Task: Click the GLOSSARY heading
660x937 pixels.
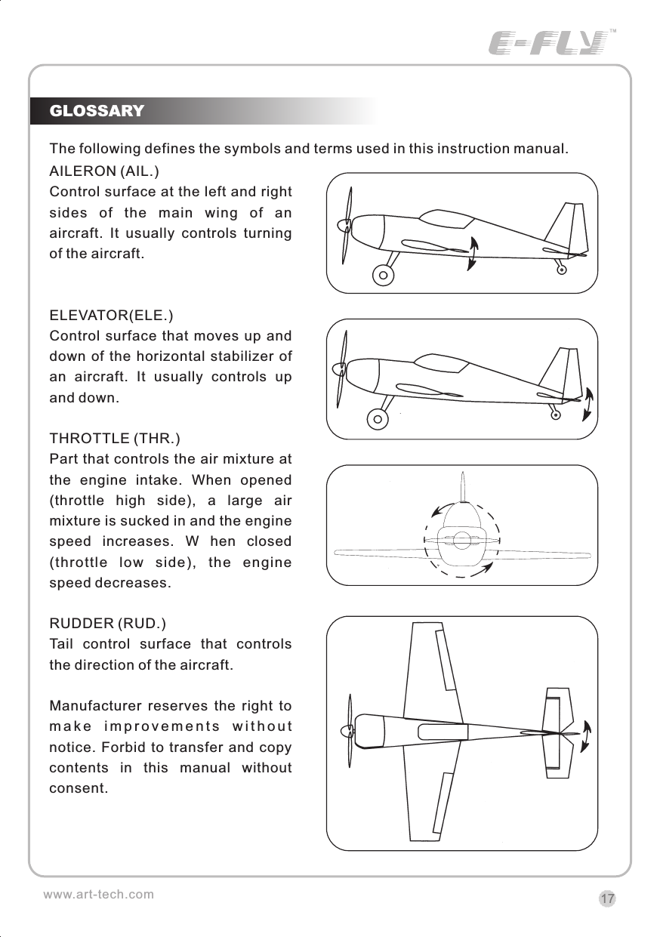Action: [96, 111]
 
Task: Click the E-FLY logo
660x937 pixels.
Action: [548, 43]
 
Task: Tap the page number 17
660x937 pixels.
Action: [607, 899]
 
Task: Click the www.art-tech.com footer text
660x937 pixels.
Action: [98, 894]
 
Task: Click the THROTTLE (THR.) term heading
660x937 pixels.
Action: [114, 438]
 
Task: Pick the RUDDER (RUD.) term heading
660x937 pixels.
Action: [107, 624]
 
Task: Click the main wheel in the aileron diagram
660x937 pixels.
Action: [384, 275]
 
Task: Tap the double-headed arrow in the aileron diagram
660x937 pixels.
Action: [472, 253]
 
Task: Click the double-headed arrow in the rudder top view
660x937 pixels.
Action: [587, 736]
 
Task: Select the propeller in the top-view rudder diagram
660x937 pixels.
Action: [347, 731]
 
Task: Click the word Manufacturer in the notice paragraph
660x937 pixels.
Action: [89, 707]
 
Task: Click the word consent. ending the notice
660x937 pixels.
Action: [79, 789]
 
